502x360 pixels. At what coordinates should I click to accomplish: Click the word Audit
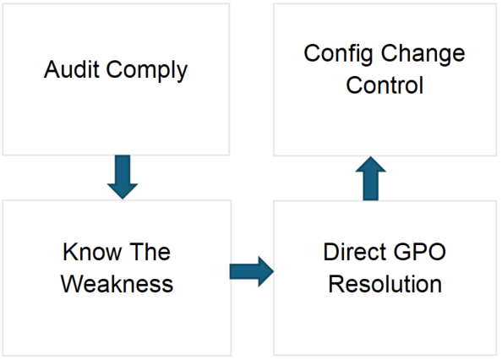coord(71,69)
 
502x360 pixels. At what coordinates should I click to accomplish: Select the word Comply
coord(147,71)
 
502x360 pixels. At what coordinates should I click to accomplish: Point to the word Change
coord(423,55)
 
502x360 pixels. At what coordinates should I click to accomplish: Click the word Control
coord(385,85)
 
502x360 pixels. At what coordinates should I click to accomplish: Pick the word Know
coord(92,252)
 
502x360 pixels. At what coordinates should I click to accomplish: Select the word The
coord(150,252)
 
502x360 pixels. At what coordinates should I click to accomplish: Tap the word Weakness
coord(117,284)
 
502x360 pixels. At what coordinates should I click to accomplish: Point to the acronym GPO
coord(419,252)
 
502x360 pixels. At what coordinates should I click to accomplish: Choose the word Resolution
coord(385,284)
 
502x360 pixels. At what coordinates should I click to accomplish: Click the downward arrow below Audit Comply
coord(123,177)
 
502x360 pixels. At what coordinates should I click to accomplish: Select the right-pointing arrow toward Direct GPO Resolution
coord(252,271)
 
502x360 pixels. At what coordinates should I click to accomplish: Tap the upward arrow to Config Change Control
coord(371,178)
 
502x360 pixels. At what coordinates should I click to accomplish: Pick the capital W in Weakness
coord(73,284)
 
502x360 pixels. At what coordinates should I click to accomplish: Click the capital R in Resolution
coord(336,284)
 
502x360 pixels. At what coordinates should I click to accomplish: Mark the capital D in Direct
coord(331,252)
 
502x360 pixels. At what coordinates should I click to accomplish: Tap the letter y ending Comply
coord(182,74)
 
